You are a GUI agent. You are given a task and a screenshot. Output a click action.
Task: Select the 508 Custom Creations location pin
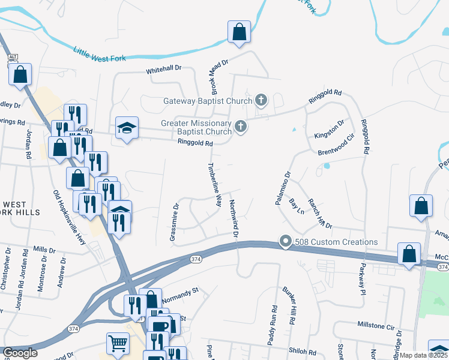(285, 242)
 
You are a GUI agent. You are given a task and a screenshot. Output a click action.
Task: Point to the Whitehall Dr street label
(164, 69)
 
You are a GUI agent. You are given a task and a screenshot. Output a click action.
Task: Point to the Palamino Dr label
(283, 188)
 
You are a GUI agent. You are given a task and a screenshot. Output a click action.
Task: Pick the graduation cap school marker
(127, 127)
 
